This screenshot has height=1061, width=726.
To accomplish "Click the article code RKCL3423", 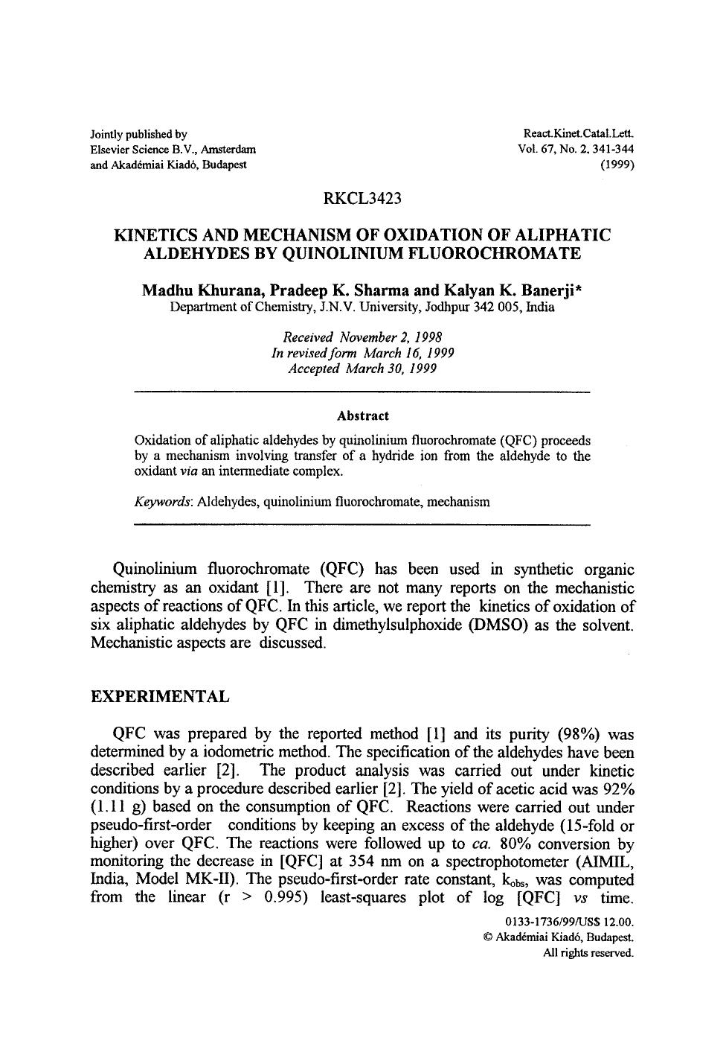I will (362, 199).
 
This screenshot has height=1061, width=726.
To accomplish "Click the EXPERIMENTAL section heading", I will (160, 697).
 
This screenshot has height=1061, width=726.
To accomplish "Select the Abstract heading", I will (362, 415).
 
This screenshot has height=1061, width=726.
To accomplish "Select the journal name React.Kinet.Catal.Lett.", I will (579, 134).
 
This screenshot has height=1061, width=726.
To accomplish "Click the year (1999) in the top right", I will (617, 165).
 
